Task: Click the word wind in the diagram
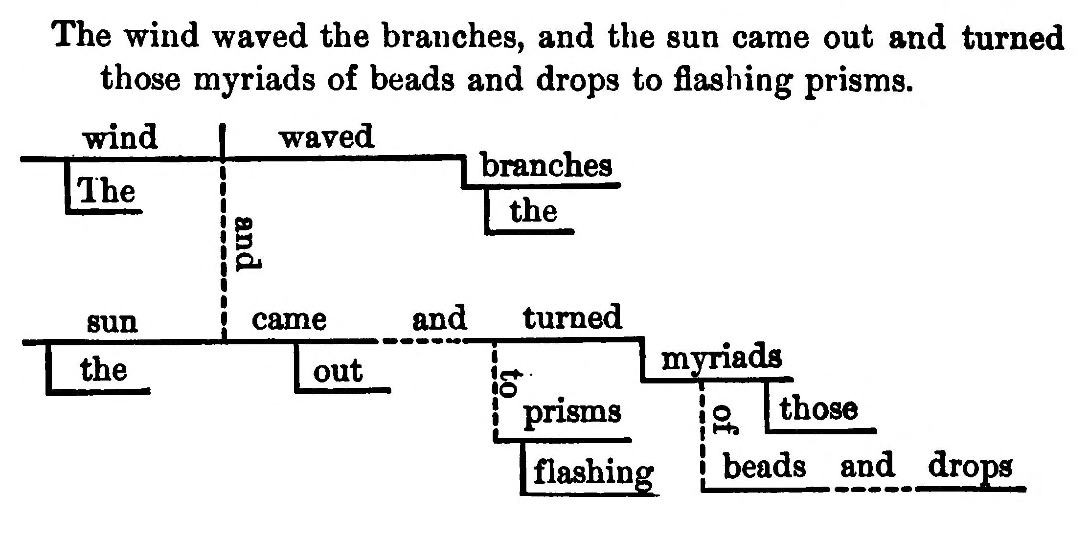[120, 138]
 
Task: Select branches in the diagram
[546, 166]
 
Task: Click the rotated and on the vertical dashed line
[247, 244]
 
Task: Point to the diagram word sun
[112, 322]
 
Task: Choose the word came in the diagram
[289, 320]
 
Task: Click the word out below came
[338, 371]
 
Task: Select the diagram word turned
[572, 318]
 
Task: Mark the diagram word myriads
[721, 358]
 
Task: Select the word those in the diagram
[818, 409]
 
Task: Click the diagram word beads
[764, 466]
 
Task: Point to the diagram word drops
[970, 467]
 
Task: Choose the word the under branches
[533, 212]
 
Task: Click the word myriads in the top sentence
[255, 79]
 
